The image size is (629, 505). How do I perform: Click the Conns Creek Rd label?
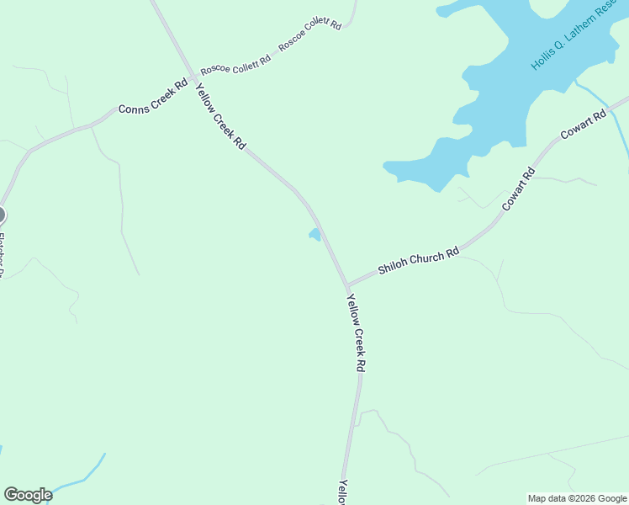click(x=152, y=97)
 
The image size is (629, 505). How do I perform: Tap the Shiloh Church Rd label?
click(x=418, y=261)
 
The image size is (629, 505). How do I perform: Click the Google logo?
click(x=28, y=495)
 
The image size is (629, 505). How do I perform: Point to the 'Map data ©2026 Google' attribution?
click(x=577, y=498)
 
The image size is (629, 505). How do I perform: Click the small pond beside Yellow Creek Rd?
click(x=314, y=235)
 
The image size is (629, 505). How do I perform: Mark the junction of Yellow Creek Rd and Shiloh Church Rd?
click(x=346, y=286)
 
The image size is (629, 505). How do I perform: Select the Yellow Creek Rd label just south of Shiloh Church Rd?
click(x=357, y=332)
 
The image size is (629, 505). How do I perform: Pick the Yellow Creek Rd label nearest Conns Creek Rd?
click(x=220, y=117)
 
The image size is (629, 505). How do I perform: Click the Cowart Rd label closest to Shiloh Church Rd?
click(x=518, y=189)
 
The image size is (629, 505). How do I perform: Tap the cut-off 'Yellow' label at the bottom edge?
click(x=343, y=492)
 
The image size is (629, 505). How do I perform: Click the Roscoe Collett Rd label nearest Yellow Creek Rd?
click(x=235, y=61)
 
